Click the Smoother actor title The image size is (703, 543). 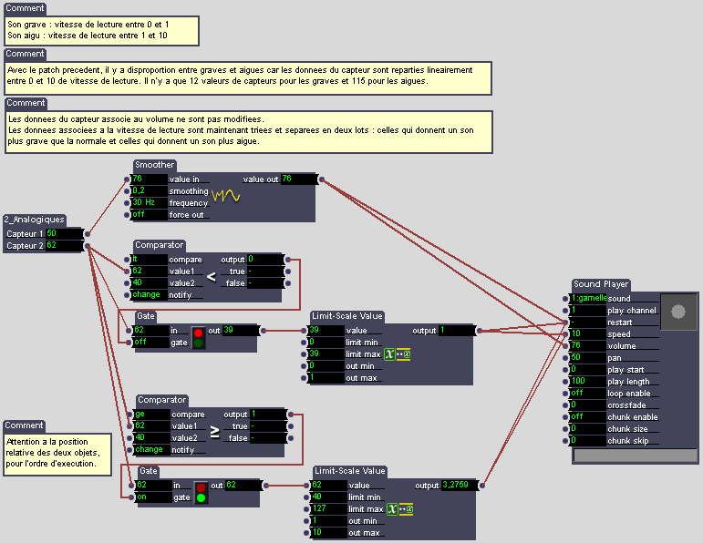pos(154,165)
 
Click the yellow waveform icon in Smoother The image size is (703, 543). pos(225,195)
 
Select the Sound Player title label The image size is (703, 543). pos(601,285)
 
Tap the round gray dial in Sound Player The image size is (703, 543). pos(677,312)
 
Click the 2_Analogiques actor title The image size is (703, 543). pos(34,220)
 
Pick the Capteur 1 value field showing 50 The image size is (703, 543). pos(63,233)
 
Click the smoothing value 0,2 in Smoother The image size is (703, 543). pos(149,191)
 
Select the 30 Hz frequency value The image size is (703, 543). pos(149,203)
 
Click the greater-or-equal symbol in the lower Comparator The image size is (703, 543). pos(214,432)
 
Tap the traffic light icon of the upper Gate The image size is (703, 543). pos(198,336)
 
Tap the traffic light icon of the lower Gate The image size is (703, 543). pos(201,492)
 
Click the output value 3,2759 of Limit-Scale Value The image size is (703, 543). pos(459,486)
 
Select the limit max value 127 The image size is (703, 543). pos(328,508)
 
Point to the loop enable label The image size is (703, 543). pos(629,393)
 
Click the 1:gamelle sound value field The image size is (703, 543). pos(588,299)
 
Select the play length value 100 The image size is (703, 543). pos(588,381)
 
